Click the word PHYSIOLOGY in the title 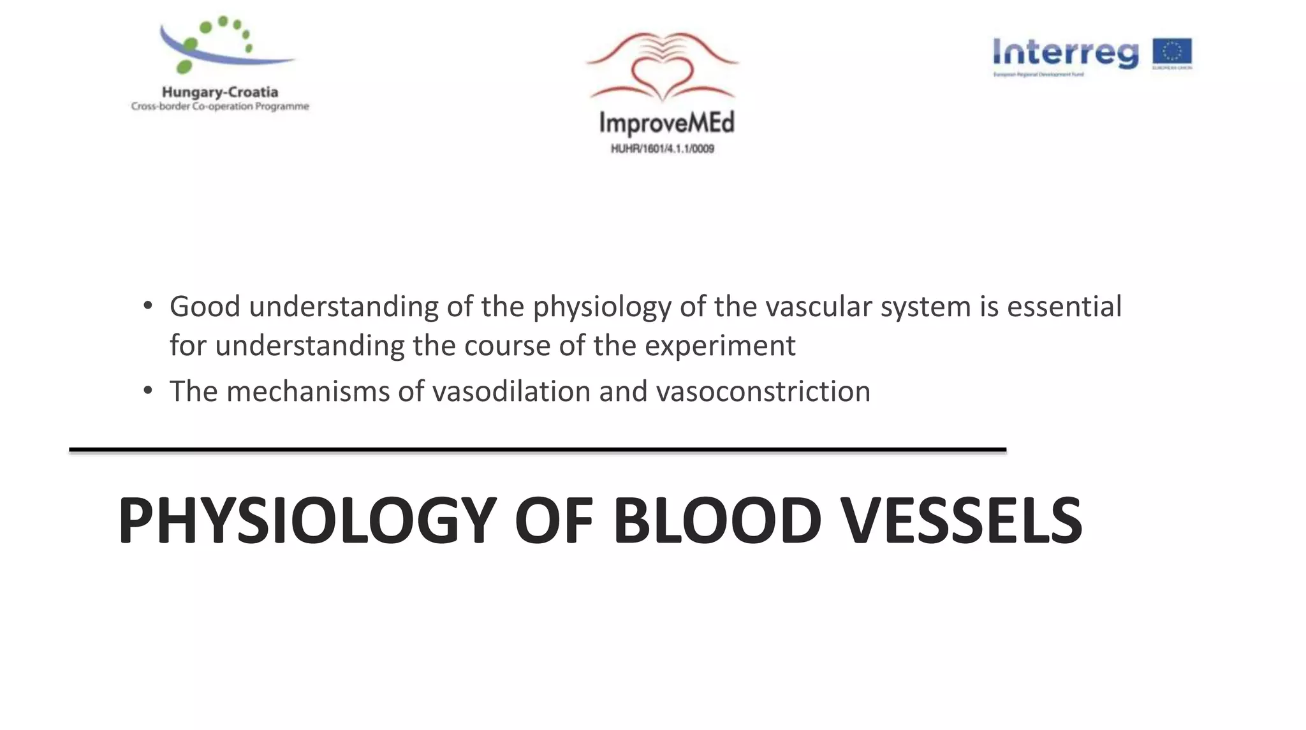[307, 521]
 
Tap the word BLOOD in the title [717, 521]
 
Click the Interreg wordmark [1065, 53]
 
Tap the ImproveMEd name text [666, 122]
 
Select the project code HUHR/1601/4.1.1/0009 [663, 149]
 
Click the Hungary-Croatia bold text [220, 92]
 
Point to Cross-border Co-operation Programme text [220, 106]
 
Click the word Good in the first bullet [204, 307]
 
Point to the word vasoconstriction [763, 391]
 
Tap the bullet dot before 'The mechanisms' [148, 390]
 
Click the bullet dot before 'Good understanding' [148, 306]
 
